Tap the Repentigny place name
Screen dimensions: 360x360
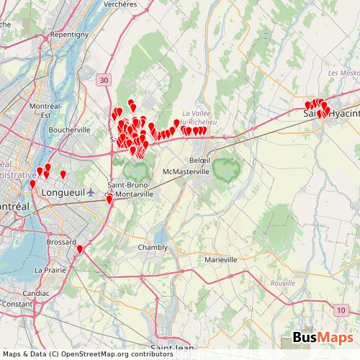pos(69,34)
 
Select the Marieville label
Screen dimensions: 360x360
pos(220,259)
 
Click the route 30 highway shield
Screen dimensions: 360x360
pos(104,79)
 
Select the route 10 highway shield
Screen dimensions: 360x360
pos(340,310)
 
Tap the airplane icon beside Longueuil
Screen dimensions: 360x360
pos(90,192)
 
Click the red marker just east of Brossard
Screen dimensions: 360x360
pos(79,249)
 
